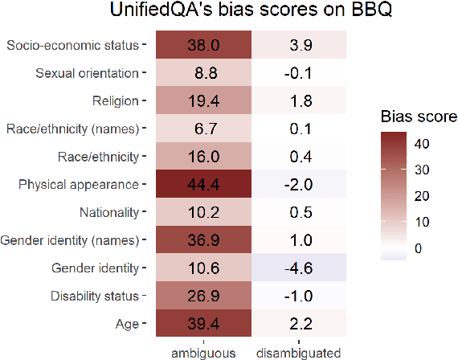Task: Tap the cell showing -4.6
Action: (x=298, y=268)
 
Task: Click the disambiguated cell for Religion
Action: (x=298, y=101)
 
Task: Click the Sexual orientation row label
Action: (x=87, y=74)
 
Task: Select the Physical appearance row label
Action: (x=79, y=185)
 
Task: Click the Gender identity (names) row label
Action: (x=72, y=240)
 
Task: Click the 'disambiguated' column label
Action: (x=298, y=352)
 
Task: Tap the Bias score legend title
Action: (x=418, y=117)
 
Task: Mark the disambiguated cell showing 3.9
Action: (x=298, y=46)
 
